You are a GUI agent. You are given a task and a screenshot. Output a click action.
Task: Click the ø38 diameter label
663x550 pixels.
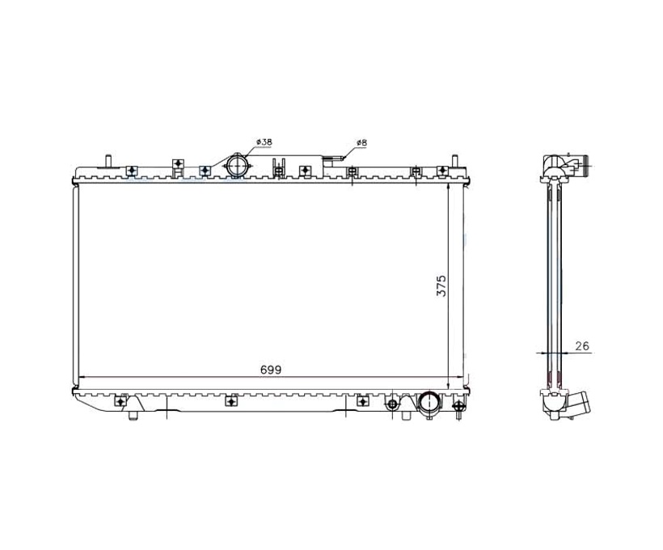click(x=264, y=142)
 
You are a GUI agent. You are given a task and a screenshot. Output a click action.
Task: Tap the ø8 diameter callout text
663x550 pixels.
click(x=361, y=142)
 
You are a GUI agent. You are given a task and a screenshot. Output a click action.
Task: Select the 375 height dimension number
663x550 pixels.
click(x=441, y=286)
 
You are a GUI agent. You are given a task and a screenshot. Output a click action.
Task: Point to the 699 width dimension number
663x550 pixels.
click(x=271, y=370)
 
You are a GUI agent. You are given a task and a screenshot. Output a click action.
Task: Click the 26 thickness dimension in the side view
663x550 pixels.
click(x=582, y=345)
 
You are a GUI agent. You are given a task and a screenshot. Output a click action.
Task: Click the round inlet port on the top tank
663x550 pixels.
click(x=237, y=166)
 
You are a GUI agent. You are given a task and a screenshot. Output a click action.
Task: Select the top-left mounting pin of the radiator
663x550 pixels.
click(x=108, y=161)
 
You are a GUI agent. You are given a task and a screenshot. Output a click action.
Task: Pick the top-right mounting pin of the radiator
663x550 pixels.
click(x=455, y=161)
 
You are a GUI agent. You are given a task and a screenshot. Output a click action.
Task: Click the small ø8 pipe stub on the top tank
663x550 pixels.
click(x=334, y=159)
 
